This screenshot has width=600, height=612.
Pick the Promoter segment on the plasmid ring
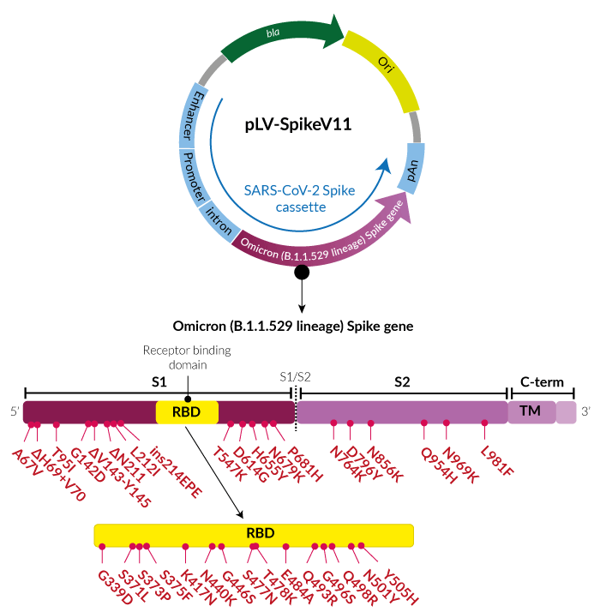195,177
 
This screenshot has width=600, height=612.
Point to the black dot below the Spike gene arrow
302,273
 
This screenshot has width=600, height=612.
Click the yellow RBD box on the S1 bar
187,411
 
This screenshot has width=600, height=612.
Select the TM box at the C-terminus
531,411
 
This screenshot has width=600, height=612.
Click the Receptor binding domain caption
187,357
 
